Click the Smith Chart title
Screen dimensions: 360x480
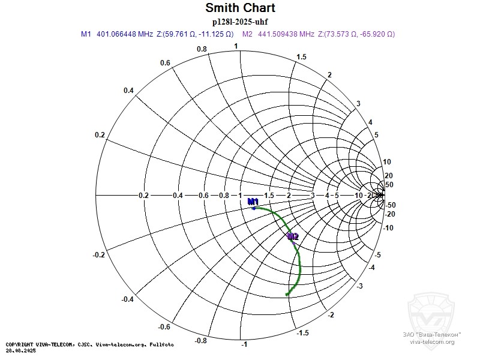click(240, 8)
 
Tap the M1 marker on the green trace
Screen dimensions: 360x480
click(254, 208)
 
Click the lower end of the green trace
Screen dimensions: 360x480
click(287, 294)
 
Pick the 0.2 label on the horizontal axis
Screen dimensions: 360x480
click(143, 196)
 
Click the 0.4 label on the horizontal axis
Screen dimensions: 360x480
click(178, 196)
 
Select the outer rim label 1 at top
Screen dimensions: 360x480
click(236, 46)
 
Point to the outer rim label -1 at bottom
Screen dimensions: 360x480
click(244, 344)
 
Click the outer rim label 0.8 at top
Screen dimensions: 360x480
click(202, 49)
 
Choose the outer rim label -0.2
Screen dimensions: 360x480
click(100, 255)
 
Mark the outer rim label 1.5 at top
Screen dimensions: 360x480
click(302, 57)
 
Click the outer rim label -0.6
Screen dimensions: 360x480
click(164, 327)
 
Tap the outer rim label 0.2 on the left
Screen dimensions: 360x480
click(100, 135)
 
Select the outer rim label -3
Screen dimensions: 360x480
click(359, 286)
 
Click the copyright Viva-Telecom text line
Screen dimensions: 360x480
click(90, 344)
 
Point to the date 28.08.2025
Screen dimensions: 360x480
click(21, 350)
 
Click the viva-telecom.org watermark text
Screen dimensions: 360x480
click(432, 342)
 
